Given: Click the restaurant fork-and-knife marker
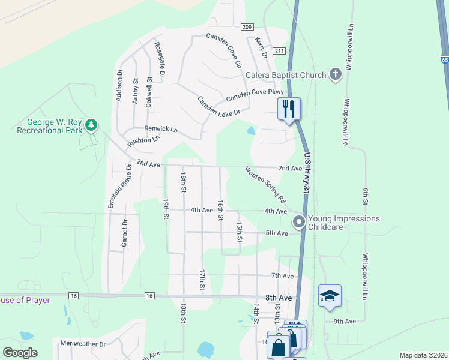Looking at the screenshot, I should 289,109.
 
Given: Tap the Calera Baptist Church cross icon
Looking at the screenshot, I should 335,75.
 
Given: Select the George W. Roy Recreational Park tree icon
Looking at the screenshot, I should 91,125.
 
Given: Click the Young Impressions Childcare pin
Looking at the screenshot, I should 298,223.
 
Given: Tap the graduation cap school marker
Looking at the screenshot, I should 330,296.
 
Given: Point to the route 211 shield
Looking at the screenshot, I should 278,51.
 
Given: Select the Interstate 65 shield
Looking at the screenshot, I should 444,60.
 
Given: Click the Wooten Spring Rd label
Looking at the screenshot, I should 265,184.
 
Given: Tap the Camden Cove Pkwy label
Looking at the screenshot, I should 255,95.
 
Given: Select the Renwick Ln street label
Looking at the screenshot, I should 161,129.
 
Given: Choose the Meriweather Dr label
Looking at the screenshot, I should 83,344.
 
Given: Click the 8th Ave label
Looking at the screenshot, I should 279,298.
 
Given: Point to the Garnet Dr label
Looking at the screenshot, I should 125,233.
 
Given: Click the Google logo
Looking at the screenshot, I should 20,353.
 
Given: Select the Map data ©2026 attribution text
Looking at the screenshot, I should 423,355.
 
